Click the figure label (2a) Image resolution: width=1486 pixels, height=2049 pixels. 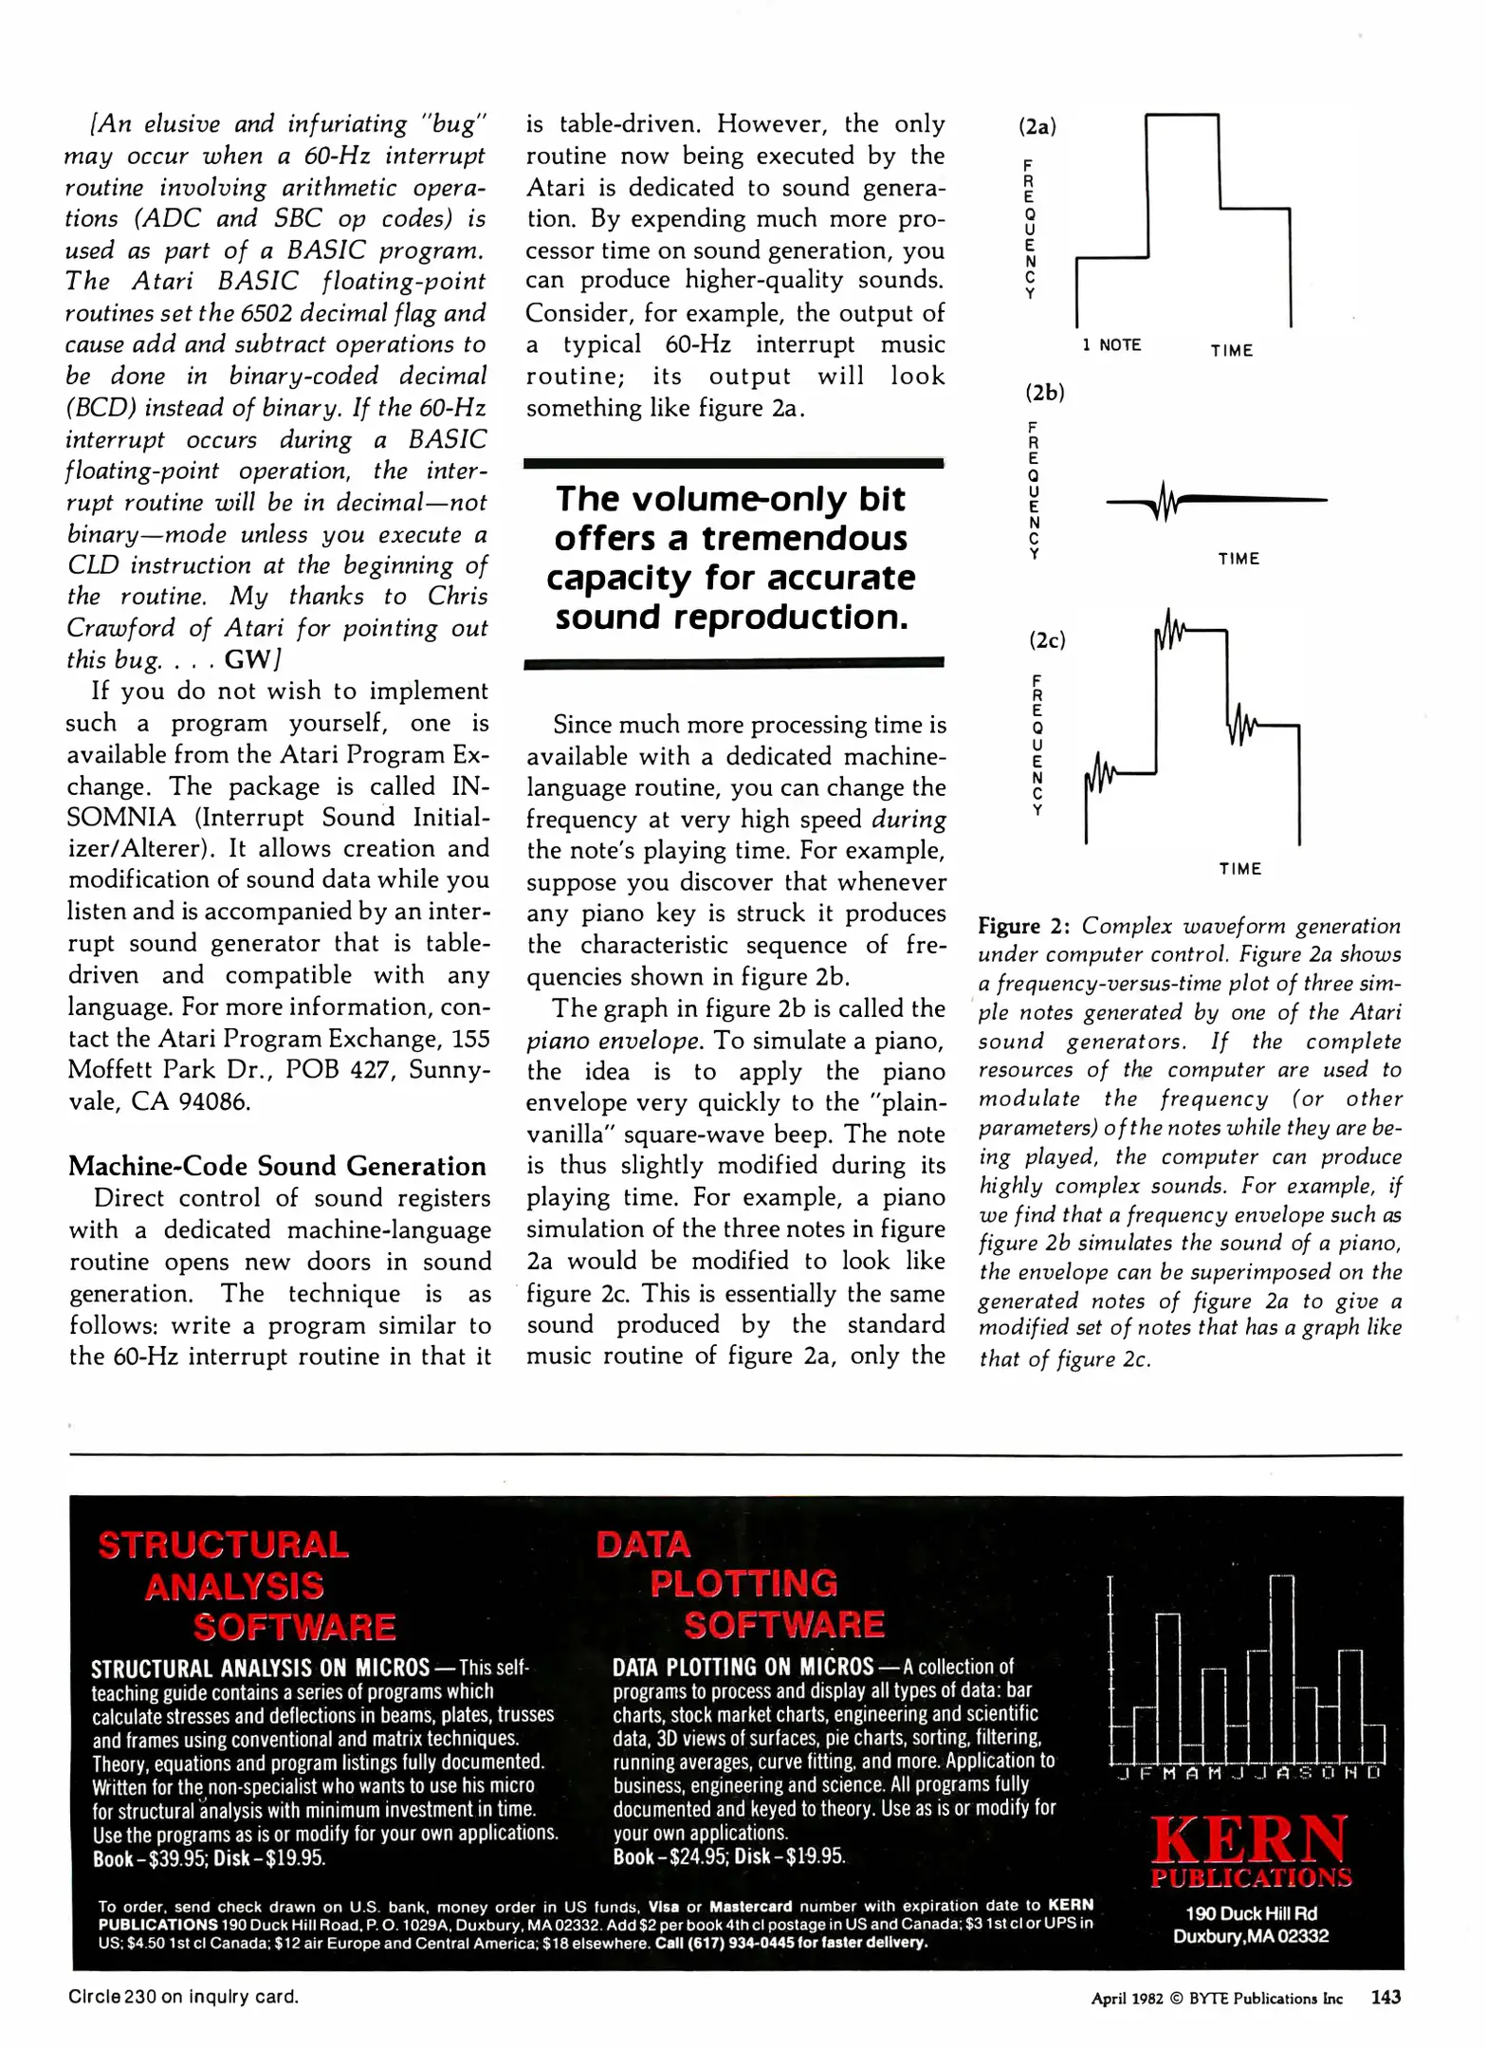pyautogui.click(x=1037, y=126)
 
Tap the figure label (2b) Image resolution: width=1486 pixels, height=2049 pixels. pyautogui.click(x=1044, y=392)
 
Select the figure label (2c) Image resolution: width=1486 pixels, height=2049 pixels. pyautogui.click(x=1047, y=640)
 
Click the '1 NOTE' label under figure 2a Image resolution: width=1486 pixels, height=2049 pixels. pyautogui.click(x=1111, y=345)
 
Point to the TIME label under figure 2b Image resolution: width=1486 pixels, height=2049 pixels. pyautogui.click(x=1238, y=559)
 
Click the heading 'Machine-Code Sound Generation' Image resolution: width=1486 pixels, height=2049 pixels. pyautogui.click(x=277, y=1166)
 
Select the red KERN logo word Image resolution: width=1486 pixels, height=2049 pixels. pyautogui.click(x=1250, y=1840)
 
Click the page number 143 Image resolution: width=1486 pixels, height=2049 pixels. pyautogui.click(x=1385, y=1997)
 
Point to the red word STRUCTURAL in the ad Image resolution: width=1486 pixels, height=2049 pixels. pyautogui.click(x=224, y=1545)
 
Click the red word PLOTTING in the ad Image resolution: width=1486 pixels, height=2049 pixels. pyautogui.click(x=743, y=1583)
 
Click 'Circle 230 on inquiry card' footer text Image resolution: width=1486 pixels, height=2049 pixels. pyautogui.click(x=183, y=1997)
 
